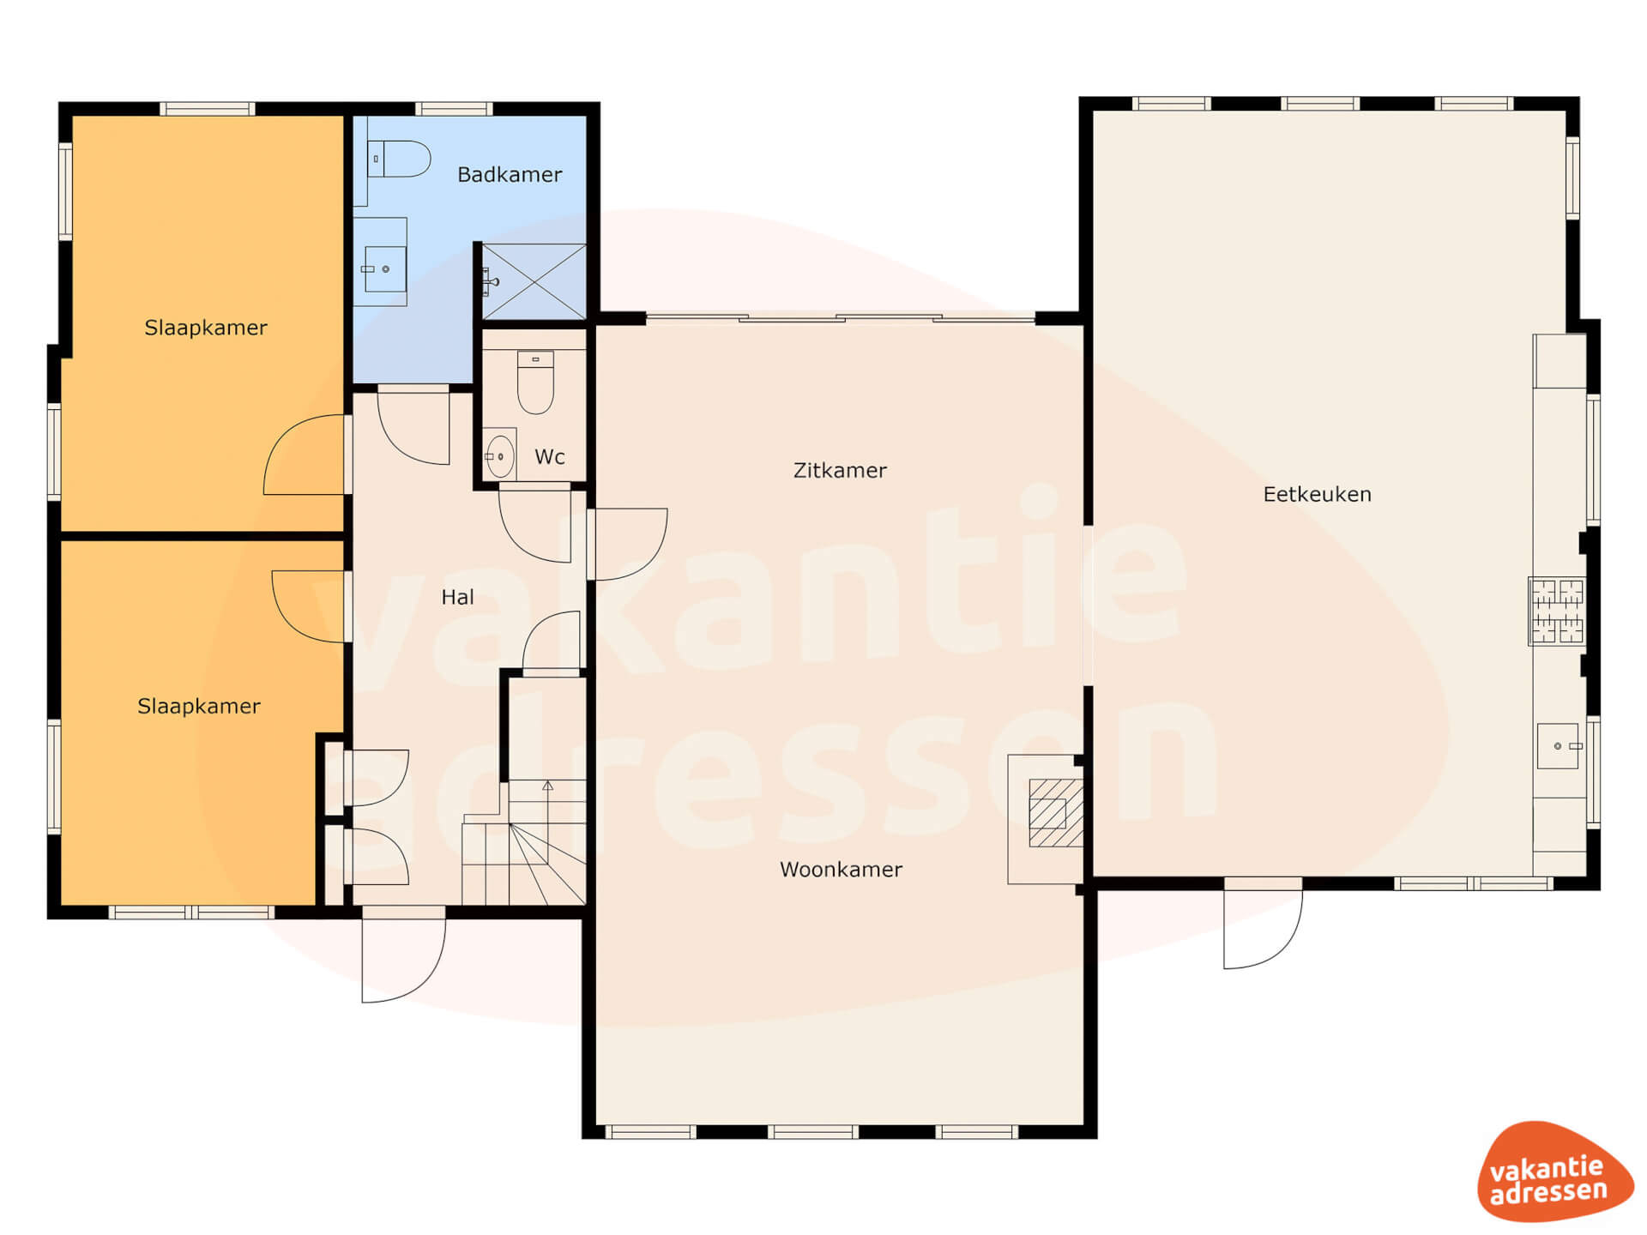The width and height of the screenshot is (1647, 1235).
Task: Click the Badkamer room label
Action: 510,175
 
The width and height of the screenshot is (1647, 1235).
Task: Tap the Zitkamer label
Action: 840,470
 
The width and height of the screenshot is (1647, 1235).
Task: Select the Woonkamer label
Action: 841,870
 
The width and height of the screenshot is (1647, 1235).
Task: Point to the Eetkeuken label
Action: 1317,494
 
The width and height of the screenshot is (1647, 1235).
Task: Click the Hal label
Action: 457,597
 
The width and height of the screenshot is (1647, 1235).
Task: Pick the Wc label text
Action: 550,457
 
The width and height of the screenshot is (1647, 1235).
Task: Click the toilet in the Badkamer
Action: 399,159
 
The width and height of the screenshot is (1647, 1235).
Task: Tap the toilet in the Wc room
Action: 535,383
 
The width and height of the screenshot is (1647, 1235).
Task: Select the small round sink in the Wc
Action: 499,456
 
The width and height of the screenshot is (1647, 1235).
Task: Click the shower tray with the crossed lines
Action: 534,281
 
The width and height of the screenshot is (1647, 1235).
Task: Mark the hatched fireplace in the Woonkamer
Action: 1056,813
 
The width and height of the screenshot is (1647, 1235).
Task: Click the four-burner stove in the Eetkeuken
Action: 1557,611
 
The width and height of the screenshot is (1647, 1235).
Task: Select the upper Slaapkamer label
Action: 206,328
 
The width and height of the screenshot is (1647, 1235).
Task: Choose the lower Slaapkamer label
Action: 199,707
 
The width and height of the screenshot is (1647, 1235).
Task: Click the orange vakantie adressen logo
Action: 1554,1172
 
